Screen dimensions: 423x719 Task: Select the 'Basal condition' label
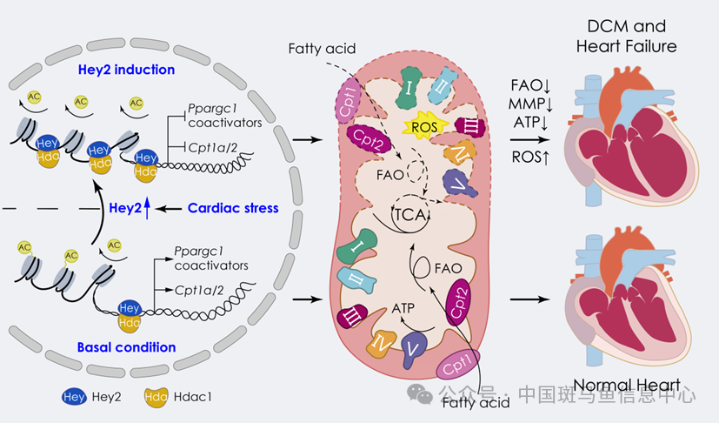click(x=126, y=347)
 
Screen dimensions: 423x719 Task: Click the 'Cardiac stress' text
click(x=234, y=208)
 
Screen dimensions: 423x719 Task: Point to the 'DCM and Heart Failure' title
click(x=626, y=34)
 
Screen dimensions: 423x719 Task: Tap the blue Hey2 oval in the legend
click(x=73, y=395)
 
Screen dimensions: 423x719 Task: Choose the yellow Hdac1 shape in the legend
click(x=159, y=395)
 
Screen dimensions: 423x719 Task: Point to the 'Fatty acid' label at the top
click(x=323, y=45)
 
